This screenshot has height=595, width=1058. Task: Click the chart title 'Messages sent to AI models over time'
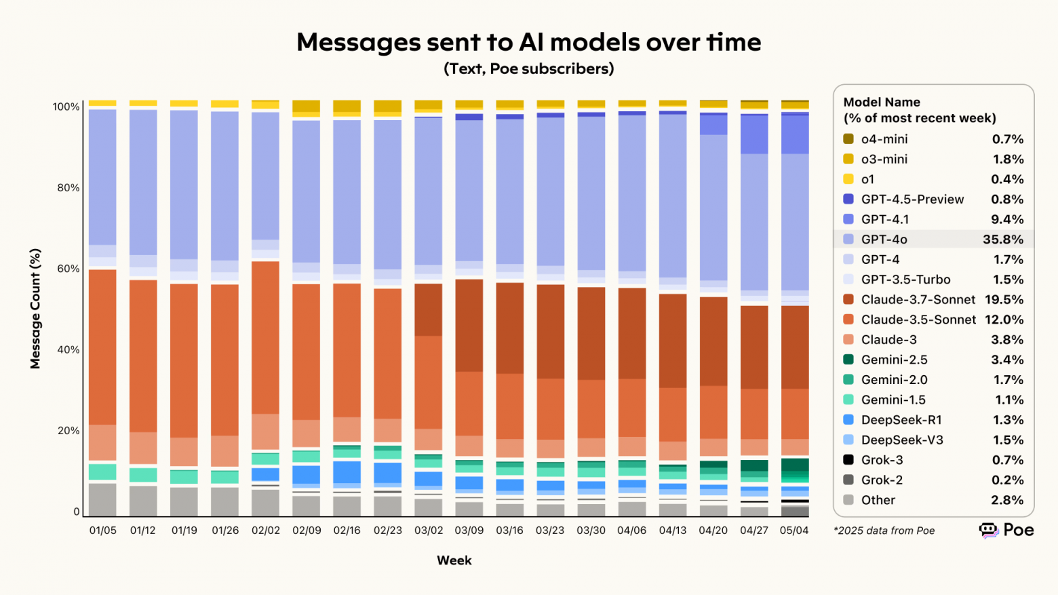click(x=528, y=42)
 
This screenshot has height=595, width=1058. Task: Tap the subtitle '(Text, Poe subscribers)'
click(x=528, y=69)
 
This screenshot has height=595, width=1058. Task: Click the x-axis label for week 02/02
click(x=266, y=531)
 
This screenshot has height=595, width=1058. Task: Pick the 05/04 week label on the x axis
click(x=794, y=531)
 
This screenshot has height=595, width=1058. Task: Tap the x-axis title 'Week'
click(x=454, y=560)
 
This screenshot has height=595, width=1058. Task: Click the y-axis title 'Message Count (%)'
click(x=35, y=309)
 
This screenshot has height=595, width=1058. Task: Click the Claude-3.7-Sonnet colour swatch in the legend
click(x=848, y=299)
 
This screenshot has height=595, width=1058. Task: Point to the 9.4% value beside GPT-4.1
click(x=1007, y=219)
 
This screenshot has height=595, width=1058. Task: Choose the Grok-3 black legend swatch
click(x=848, y=459)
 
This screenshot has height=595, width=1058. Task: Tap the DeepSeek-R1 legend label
click(x=901, y=420)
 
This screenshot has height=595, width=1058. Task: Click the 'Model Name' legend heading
click(x=882, y=102)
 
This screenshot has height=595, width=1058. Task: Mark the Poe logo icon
click(x=989, y=531)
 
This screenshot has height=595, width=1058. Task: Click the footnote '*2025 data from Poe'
click(x=884, y=531)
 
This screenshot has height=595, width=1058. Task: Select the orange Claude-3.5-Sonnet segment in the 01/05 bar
click(x=102, y=346)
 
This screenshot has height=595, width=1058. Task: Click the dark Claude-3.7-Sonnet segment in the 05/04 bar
click(x=795, y=347)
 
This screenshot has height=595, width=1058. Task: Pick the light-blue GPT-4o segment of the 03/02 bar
click(x=429, y=190)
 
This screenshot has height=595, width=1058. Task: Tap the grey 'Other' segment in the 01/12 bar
click(x=143, y=500)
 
